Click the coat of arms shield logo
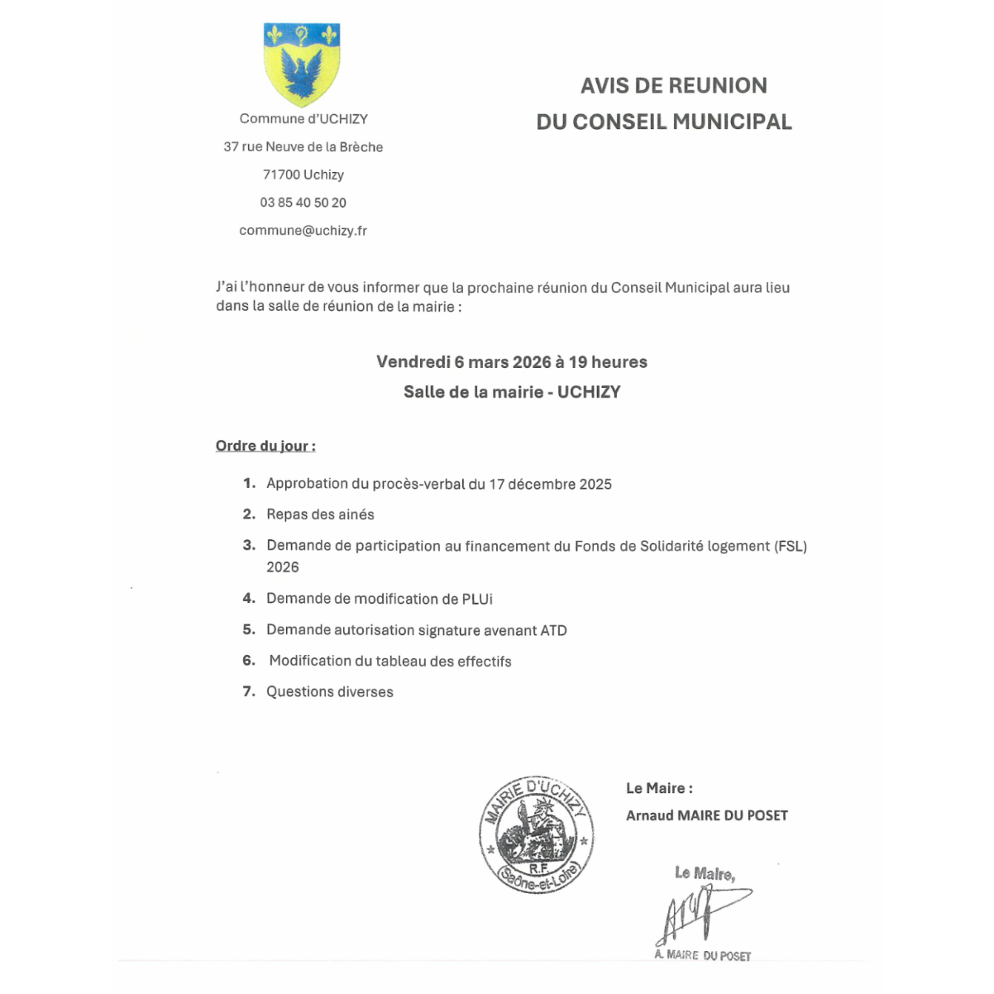point(302,64)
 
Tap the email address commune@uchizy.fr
point(303,231)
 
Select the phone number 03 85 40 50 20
point(303,203)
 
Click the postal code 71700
point(280,174)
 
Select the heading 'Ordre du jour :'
point(265,447)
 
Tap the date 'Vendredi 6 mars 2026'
point(463,362)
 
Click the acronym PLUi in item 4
point(477,599)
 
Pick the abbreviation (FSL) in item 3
point(791,546)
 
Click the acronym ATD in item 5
point(553,630)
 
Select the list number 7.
point(248,691)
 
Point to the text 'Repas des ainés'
point(320,514)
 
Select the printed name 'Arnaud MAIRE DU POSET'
point(707,815)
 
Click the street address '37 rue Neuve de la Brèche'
point(303,147)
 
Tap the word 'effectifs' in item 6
point(484,662)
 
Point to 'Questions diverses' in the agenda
point(329,692)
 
